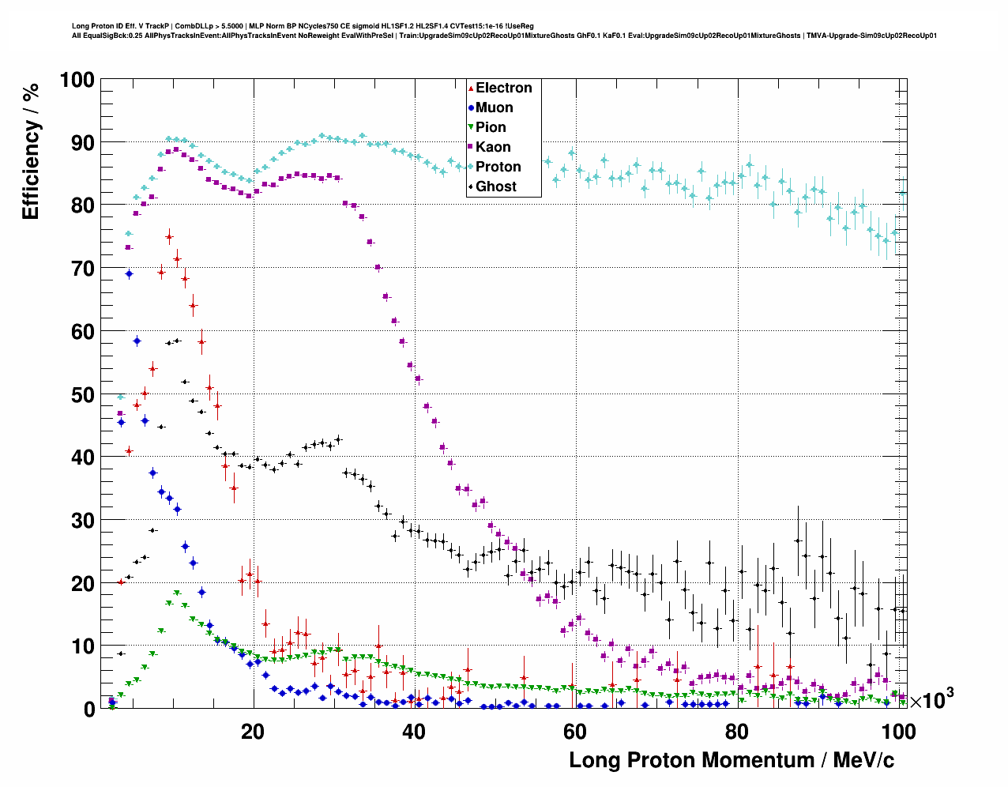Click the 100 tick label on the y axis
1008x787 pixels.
77,80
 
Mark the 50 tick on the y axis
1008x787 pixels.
82,394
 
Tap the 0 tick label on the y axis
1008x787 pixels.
89,709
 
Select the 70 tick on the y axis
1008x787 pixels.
82,269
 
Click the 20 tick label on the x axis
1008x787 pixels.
253,732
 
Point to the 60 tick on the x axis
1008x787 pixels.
575,732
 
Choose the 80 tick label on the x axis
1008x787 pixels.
736,732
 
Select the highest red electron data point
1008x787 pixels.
169,237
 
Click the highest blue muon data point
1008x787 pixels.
130,273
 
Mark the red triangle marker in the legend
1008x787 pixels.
471,88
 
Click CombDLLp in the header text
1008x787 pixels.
198,26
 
